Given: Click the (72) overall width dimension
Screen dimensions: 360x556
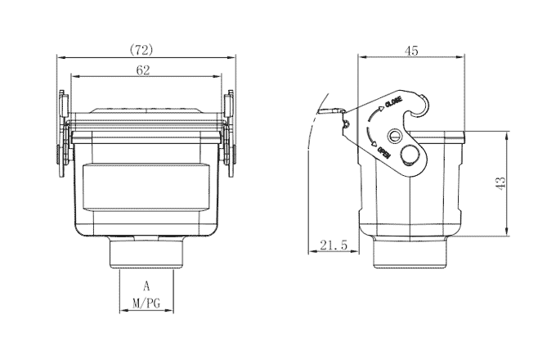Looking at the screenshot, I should tap(143, 49).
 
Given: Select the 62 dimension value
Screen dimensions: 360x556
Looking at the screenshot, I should tap(143, 70).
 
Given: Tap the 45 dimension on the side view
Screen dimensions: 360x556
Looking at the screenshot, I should tap(411, 51).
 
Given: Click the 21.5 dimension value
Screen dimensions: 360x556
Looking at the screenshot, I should tap(334, 245).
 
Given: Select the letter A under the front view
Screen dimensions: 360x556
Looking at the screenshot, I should tap(146, 286).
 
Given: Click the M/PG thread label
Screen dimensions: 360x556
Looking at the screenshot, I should tap(146, 303).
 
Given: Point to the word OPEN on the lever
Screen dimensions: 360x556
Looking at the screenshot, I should tap(383, 151).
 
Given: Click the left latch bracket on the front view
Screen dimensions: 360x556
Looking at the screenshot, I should tap(62, 135).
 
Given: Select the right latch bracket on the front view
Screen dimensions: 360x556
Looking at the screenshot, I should tap(229, 135).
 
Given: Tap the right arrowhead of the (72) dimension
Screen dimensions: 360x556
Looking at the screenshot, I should tap(232, 56).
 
